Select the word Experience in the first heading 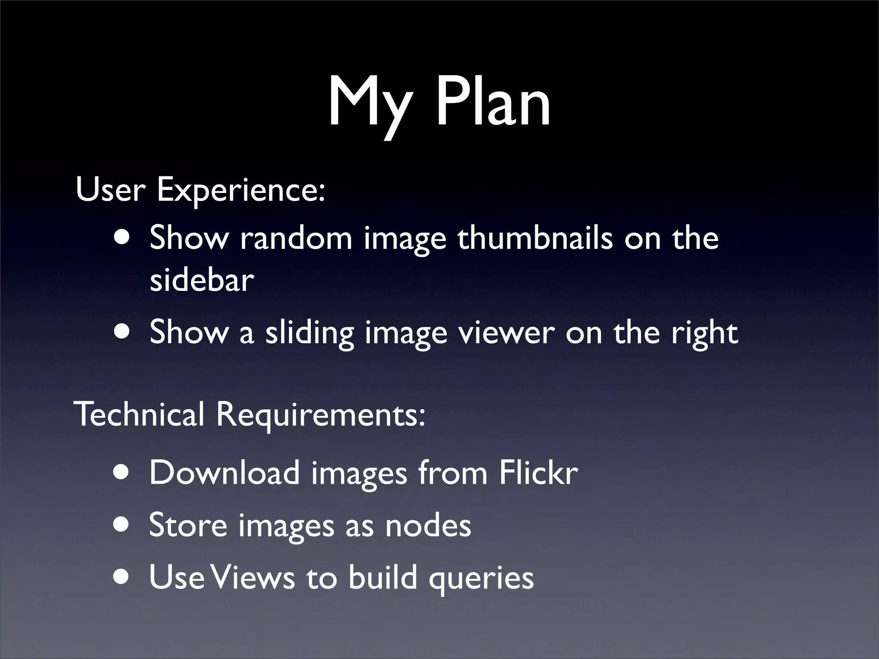pyautogui.click(x=240, y=190)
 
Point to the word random pyautogui.click(x=296, y=238)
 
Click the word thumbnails pyautogui.click(x=535, y=238)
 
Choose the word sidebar pyautogui.click(x=202, y=281)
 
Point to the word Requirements pyautogui.click(x=320, y=415)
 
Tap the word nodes pyautogui.click(x=428, y=526)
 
